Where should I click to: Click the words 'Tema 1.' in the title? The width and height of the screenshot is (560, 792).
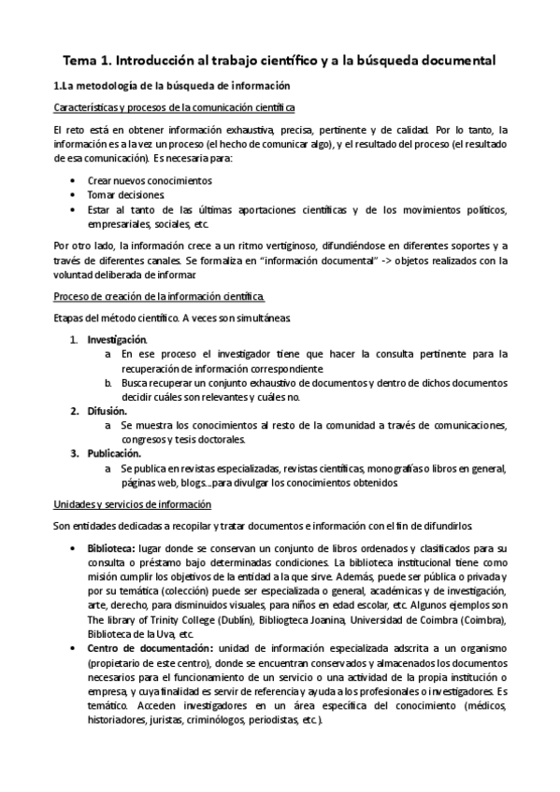(x=87, y=61)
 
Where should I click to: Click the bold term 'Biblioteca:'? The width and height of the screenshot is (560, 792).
(x=111, y=546)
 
